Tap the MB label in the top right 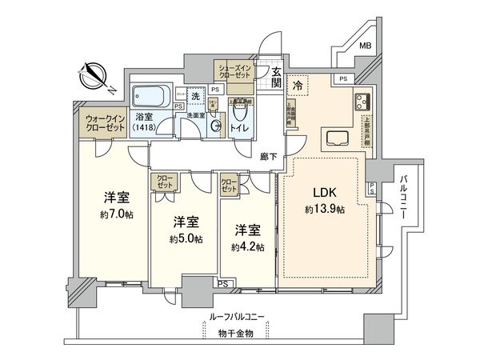(x=364, y=46)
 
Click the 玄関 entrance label (x=275, y=77)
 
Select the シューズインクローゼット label (x=235, y=71)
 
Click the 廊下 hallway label (x=269, y=158)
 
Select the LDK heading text (x=324, y=192)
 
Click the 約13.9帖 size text (x=324, y=210)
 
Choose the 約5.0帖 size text (x=186, y=238)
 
